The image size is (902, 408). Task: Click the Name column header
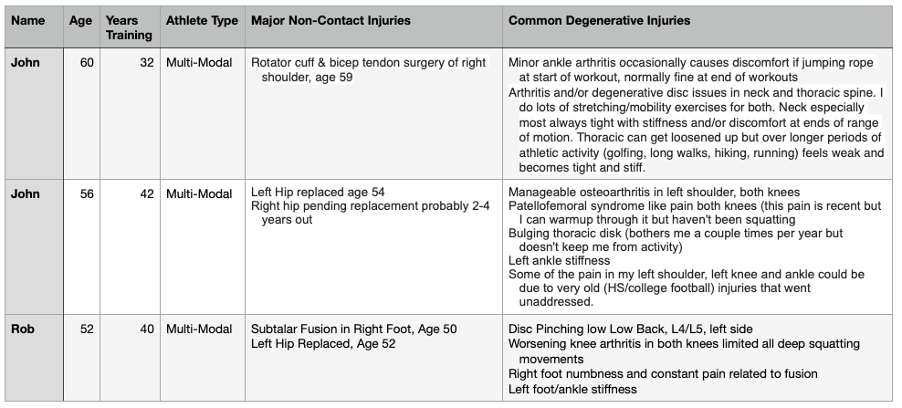click(28, 20)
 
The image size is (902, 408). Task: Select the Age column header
click(80, 20)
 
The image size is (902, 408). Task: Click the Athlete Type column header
click(202, 20)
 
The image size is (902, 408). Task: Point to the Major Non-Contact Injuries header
click(330, 20)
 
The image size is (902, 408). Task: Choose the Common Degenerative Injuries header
click(599, 20)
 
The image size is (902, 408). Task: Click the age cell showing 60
click(87, 63)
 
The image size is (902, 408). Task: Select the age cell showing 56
click(87, 193)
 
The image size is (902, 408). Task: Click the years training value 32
click(146, 63)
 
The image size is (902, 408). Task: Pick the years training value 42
click(146, 193)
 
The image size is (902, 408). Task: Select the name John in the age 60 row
click(26, 63)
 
